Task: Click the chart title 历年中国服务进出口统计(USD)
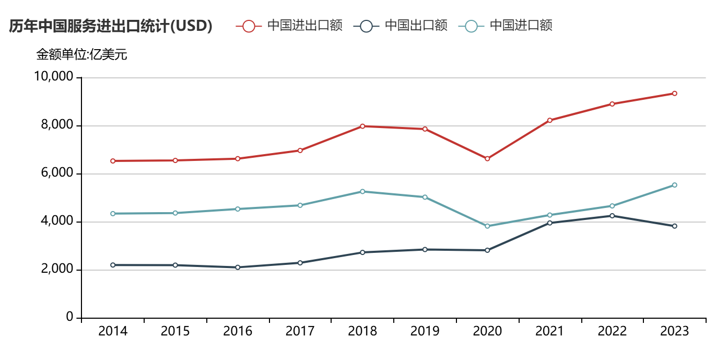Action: click(x=110, y=26)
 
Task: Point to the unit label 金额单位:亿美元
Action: click(x=81, y=54)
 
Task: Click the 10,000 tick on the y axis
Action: click(x=53, y=77)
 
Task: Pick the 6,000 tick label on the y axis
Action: click(x=56, y=173)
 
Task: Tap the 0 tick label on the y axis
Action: click(x=69, y=318)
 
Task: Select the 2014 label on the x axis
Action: click(x=113, y=331)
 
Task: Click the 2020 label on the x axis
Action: click(x=487, y=331)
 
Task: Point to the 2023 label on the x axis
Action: click(x=674, y=331)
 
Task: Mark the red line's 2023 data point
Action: click(x=674, y=94)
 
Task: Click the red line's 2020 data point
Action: click(x=487, y=158)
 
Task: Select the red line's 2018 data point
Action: click(x=362, y=126)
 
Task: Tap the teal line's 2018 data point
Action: click(x=362, y=191)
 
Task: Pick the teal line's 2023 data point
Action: click(x=674, y=185)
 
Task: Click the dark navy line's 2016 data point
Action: click(x=238, y=268)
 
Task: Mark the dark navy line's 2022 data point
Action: click(x=612, y=216)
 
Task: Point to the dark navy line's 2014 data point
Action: click(x=113, y=265)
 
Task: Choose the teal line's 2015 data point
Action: click(x=175, y=213)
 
